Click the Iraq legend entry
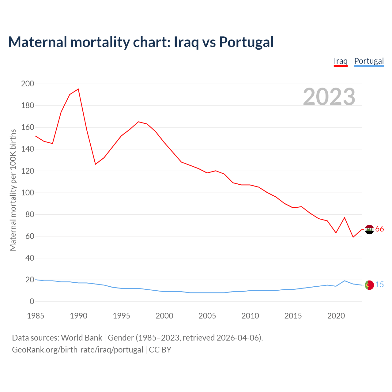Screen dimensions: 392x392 click(341, 61)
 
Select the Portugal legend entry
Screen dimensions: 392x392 click(369, 61)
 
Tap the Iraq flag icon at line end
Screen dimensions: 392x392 click(369, 229)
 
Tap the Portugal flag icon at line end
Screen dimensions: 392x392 click(369, 285)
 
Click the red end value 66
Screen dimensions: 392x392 click(379, 229)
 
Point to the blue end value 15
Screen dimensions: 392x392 click(379, 285)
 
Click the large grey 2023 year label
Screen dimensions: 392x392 click(329, 97)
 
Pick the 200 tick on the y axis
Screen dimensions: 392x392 click(28, 84)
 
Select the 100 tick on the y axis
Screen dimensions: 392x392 click(28, 193)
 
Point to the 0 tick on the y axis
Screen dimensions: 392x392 click(32, 302)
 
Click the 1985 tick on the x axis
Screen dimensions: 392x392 click(36, 316)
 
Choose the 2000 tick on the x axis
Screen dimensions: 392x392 click(164, 316)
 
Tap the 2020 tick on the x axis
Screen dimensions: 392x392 click(336, 316)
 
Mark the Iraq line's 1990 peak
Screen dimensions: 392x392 click(78, 89)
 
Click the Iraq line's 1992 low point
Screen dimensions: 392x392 click(96, 164)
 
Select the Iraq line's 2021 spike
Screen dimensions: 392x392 click(345, 218)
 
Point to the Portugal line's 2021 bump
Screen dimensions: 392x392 click(345, 281)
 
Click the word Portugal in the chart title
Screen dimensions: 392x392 click(246, 42)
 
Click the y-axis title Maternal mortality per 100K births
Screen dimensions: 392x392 click(13, 190)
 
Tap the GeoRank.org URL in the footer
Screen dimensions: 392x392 click(77, 350)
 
